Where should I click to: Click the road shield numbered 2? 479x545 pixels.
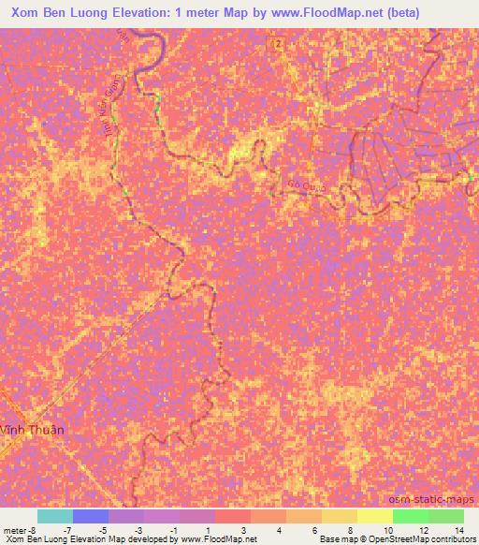pyautogui.click(x=277, y=44)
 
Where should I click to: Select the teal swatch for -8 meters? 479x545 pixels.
pyautogui.click(x=54, y=516)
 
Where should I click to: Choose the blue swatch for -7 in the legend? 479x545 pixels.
pyautogui.click(x=91, y=516)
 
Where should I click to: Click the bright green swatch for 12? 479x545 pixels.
pyautogui.click(x=410, y=516)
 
